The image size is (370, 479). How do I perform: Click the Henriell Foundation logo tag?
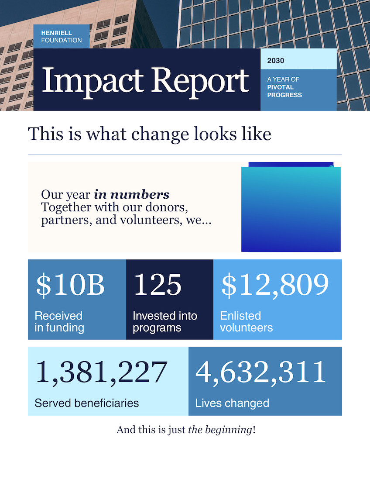(62, 36)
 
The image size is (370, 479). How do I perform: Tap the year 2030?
(276, 61)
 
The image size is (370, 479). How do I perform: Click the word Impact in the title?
(93, 81)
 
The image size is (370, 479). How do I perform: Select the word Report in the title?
(201, 81)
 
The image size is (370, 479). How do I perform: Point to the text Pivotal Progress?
(284, 91)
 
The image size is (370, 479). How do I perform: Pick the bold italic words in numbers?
(132, 194)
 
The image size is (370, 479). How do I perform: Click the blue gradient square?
(291, 209)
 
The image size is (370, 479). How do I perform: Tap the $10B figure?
(70, 285)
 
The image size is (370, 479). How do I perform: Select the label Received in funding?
(59, 321)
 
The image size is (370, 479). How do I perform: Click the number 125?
(158, 285)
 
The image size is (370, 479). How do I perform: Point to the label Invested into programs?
(165, 321)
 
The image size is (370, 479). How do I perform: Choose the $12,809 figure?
(275, 285)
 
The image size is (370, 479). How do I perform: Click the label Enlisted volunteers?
(247, 321)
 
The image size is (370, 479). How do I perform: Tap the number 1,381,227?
(102, 372)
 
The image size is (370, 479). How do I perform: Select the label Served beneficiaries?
(87, 403)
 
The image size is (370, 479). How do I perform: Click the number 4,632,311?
(261, 372)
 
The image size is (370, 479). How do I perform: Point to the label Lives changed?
(232, 403)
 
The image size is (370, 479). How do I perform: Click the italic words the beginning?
(220, 430)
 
